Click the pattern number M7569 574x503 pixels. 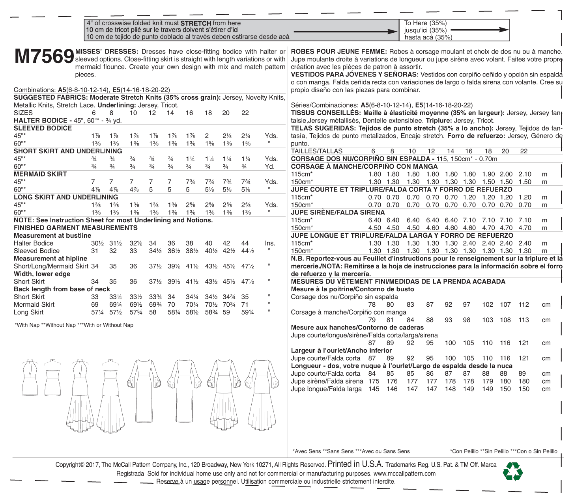44,57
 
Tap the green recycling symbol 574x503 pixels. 512,472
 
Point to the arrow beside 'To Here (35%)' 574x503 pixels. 479,30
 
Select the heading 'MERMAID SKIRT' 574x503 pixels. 40,174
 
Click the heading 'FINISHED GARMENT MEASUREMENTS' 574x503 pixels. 75,228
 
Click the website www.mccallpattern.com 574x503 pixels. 404,473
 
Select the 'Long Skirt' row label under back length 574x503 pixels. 28,312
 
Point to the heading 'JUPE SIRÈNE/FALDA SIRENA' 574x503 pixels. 338,212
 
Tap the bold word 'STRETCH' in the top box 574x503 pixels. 195,23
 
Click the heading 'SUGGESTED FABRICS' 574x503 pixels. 50,97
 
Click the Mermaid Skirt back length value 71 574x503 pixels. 245,304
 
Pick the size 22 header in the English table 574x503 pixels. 245,113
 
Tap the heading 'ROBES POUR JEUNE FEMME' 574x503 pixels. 338,51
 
